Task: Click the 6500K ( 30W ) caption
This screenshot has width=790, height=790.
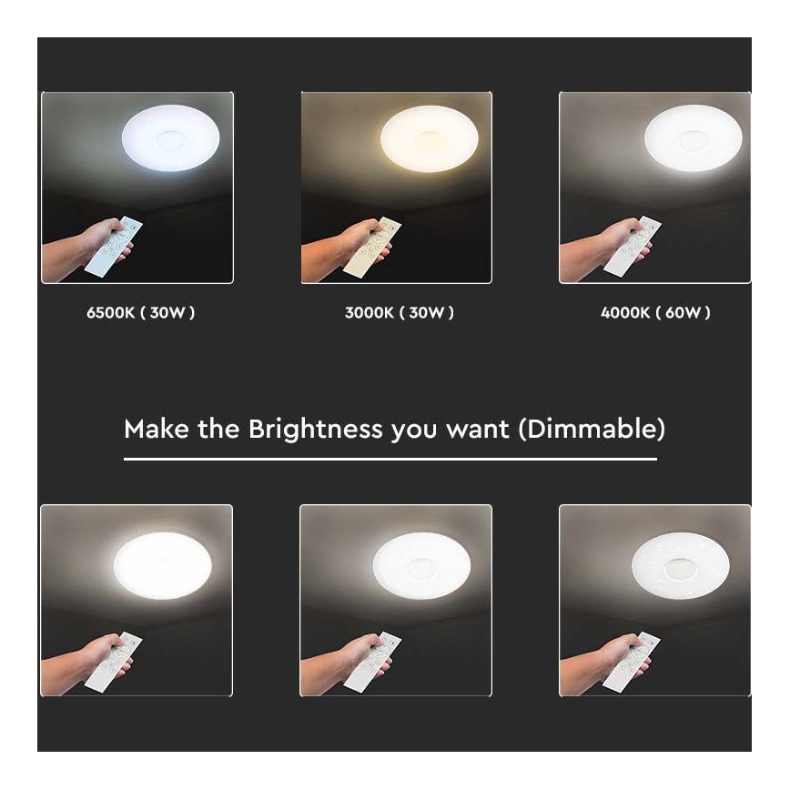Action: click(x=140, y=313)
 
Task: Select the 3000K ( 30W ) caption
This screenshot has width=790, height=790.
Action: click(x=399, y=313)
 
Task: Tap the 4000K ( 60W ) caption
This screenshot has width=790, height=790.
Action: click(x=655, y=313)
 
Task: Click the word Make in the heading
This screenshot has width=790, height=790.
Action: click(x=152, y=429)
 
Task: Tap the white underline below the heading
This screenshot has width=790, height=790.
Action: click(x=390, y=459)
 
